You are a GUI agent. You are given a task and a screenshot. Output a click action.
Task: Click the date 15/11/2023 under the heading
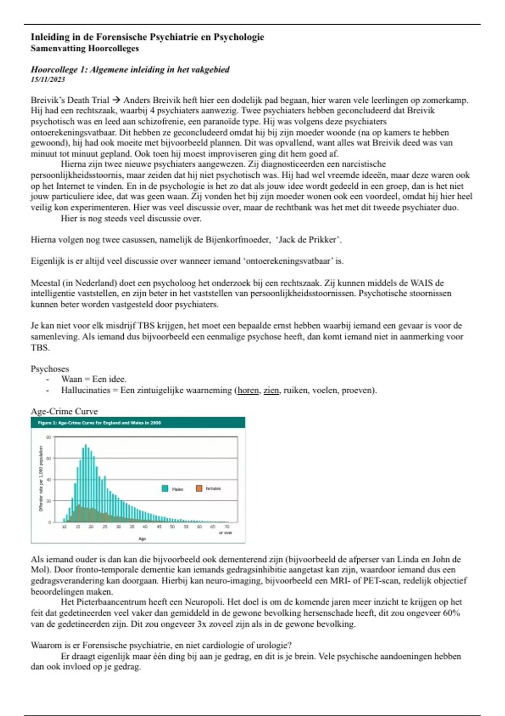[x=48, y=79]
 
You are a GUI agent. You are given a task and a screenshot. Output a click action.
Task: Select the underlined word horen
[x=248, y=390]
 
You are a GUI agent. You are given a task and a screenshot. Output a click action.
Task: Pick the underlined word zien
[x=271, y=390]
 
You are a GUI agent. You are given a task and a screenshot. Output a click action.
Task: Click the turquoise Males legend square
[x=165, y=489]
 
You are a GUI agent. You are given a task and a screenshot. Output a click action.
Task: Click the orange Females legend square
[x=199, y=488]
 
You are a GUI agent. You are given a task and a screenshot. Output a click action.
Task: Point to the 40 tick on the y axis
[x=49, y=480]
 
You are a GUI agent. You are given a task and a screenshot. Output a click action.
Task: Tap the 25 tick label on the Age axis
[x=105, y=526]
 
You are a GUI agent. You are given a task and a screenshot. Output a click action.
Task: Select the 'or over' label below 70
[x=226, y=533]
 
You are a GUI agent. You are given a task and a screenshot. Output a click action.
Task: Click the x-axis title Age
[x=142, y=539]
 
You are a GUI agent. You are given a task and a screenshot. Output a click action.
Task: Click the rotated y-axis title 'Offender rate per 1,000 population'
[x=41, y=478]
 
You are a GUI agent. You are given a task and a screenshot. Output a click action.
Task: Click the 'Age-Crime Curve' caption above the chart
[x=64, y=411]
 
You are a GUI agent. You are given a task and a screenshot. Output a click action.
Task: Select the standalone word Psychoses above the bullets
[x=50, y=369]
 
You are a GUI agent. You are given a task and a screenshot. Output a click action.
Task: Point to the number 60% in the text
[x=452, y=613]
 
